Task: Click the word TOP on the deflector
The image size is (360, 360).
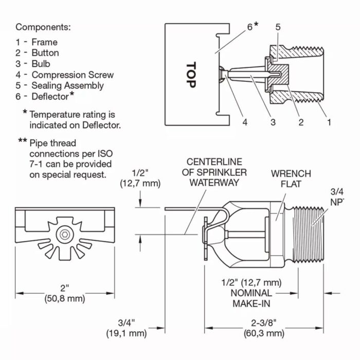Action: pyautogui.click(x=191, y=75)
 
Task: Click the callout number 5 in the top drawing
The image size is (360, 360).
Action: pyautogui.click(x=278, y=27)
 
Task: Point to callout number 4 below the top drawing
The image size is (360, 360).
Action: pyautogui.click(x=245, y=122)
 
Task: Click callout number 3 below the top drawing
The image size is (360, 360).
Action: pyautogui.click(x=273, y=122)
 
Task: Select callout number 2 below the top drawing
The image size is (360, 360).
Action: pyautogui.click(x=301, y=122)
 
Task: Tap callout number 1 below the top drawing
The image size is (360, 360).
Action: pyautogui.click(x=329, y=122)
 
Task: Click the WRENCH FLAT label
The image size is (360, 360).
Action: pyautogui.click(x=291, y=178)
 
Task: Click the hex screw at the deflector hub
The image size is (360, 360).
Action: pyautogui.click(x=64, y=235)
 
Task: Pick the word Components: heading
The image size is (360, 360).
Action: pyautogui.click(x=43, y=27)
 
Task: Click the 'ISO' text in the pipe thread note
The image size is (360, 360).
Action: pyautogui.click(x=103, y=153)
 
